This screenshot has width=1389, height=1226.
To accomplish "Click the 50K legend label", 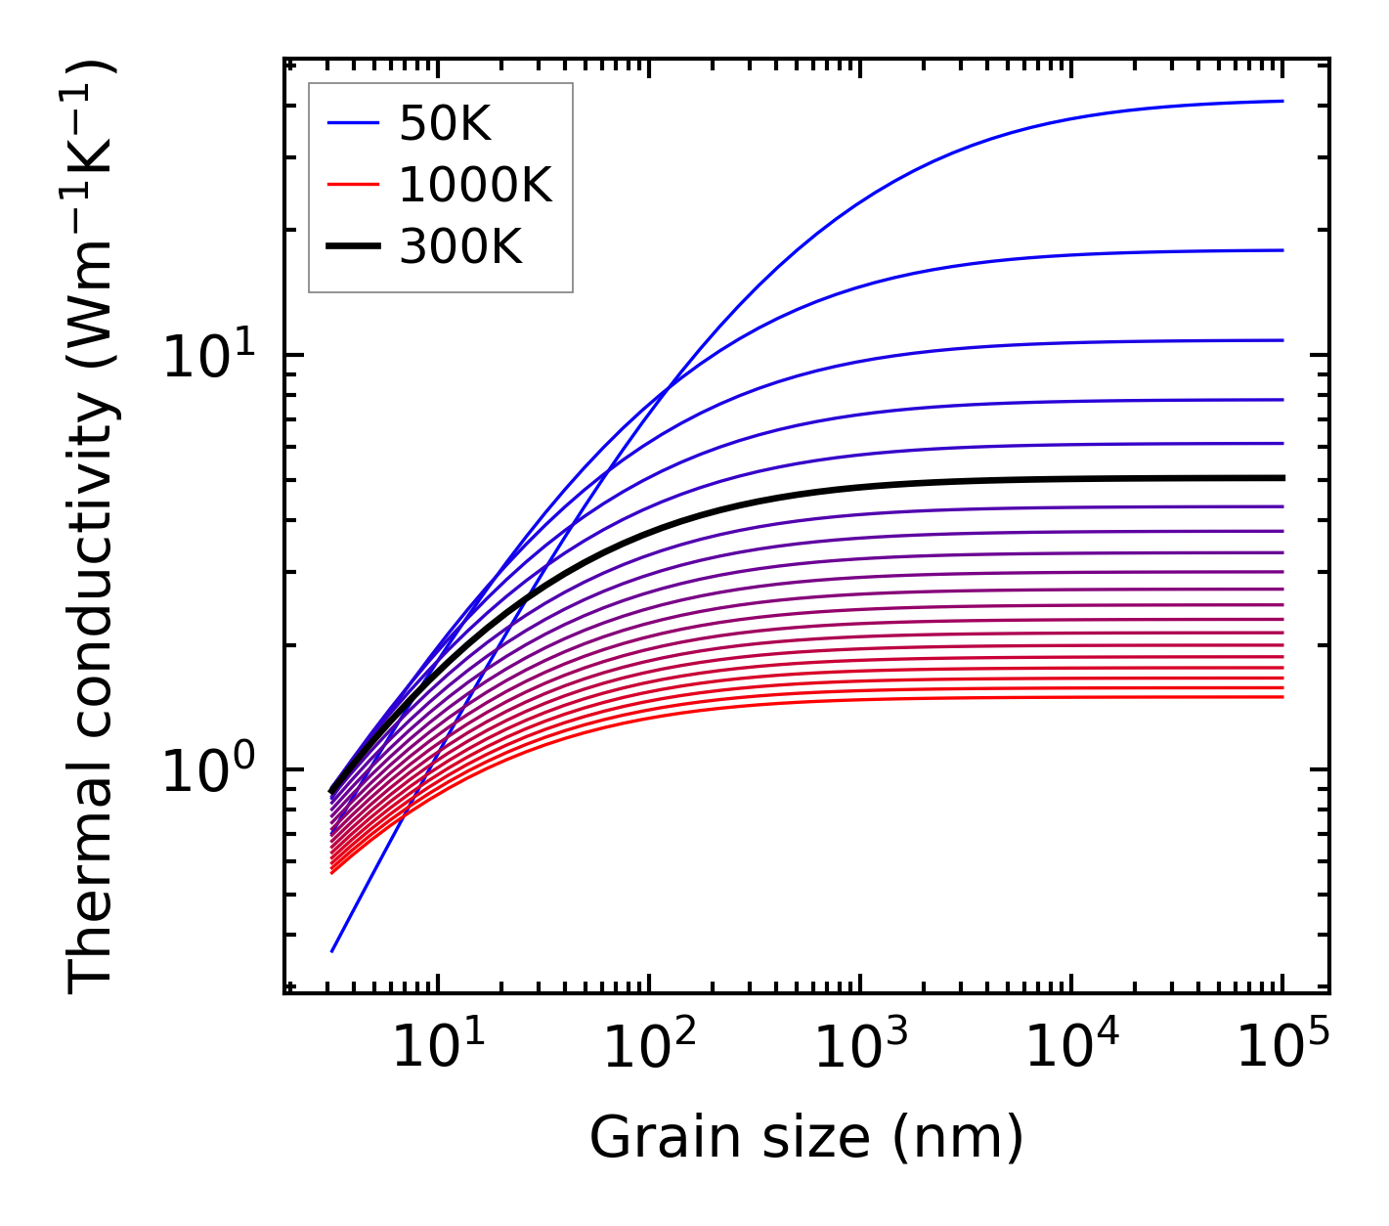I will pos(445,123).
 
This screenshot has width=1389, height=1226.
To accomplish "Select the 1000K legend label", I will pos(475,185).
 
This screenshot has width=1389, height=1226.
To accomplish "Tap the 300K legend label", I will pos(460,247).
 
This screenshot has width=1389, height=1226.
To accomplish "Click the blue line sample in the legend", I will pos(352,123).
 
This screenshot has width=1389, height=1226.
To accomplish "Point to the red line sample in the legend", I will pos(352,185).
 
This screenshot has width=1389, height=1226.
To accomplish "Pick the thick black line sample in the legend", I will pos(352,247).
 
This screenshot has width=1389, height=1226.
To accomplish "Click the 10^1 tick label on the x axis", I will pos(438,1048).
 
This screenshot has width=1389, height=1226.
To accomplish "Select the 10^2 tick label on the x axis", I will pos(649,1048).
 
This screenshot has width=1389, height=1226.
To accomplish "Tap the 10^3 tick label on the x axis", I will pos(860,1048).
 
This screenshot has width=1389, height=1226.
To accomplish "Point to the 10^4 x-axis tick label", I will pos(1071,1048).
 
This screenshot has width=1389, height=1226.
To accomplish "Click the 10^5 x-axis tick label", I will pos(1282,1048).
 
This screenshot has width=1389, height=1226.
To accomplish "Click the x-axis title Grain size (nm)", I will pos(806,1138).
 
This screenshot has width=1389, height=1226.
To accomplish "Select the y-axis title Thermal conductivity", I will pos(93,528).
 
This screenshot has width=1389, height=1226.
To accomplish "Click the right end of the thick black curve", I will pos(1282,478).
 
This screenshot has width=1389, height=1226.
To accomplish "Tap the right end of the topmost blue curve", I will pos(1282,101).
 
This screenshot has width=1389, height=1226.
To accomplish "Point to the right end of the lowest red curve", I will pos(1282,696).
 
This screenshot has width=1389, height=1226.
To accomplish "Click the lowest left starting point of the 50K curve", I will pos(332,951).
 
